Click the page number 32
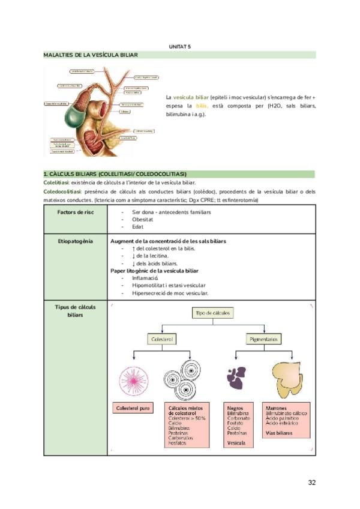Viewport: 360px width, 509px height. point(311,482)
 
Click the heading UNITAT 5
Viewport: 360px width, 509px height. point(179,46)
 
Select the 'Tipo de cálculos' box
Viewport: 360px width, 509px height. point(212,313)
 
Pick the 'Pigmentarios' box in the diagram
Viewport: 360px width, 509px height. point(263,339)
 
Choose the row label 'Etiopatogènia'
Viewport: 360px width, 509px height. point(75,241)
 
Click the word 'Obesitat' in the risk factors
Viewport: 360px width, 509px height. point(143,220)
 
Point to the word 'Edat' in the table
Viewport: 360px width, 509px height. point(137,227)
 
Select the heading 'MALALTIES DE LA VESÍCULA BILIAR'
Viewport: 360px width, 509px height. point(91,55)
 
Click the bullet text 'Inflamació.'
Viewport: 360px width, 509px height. point(145,278)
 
